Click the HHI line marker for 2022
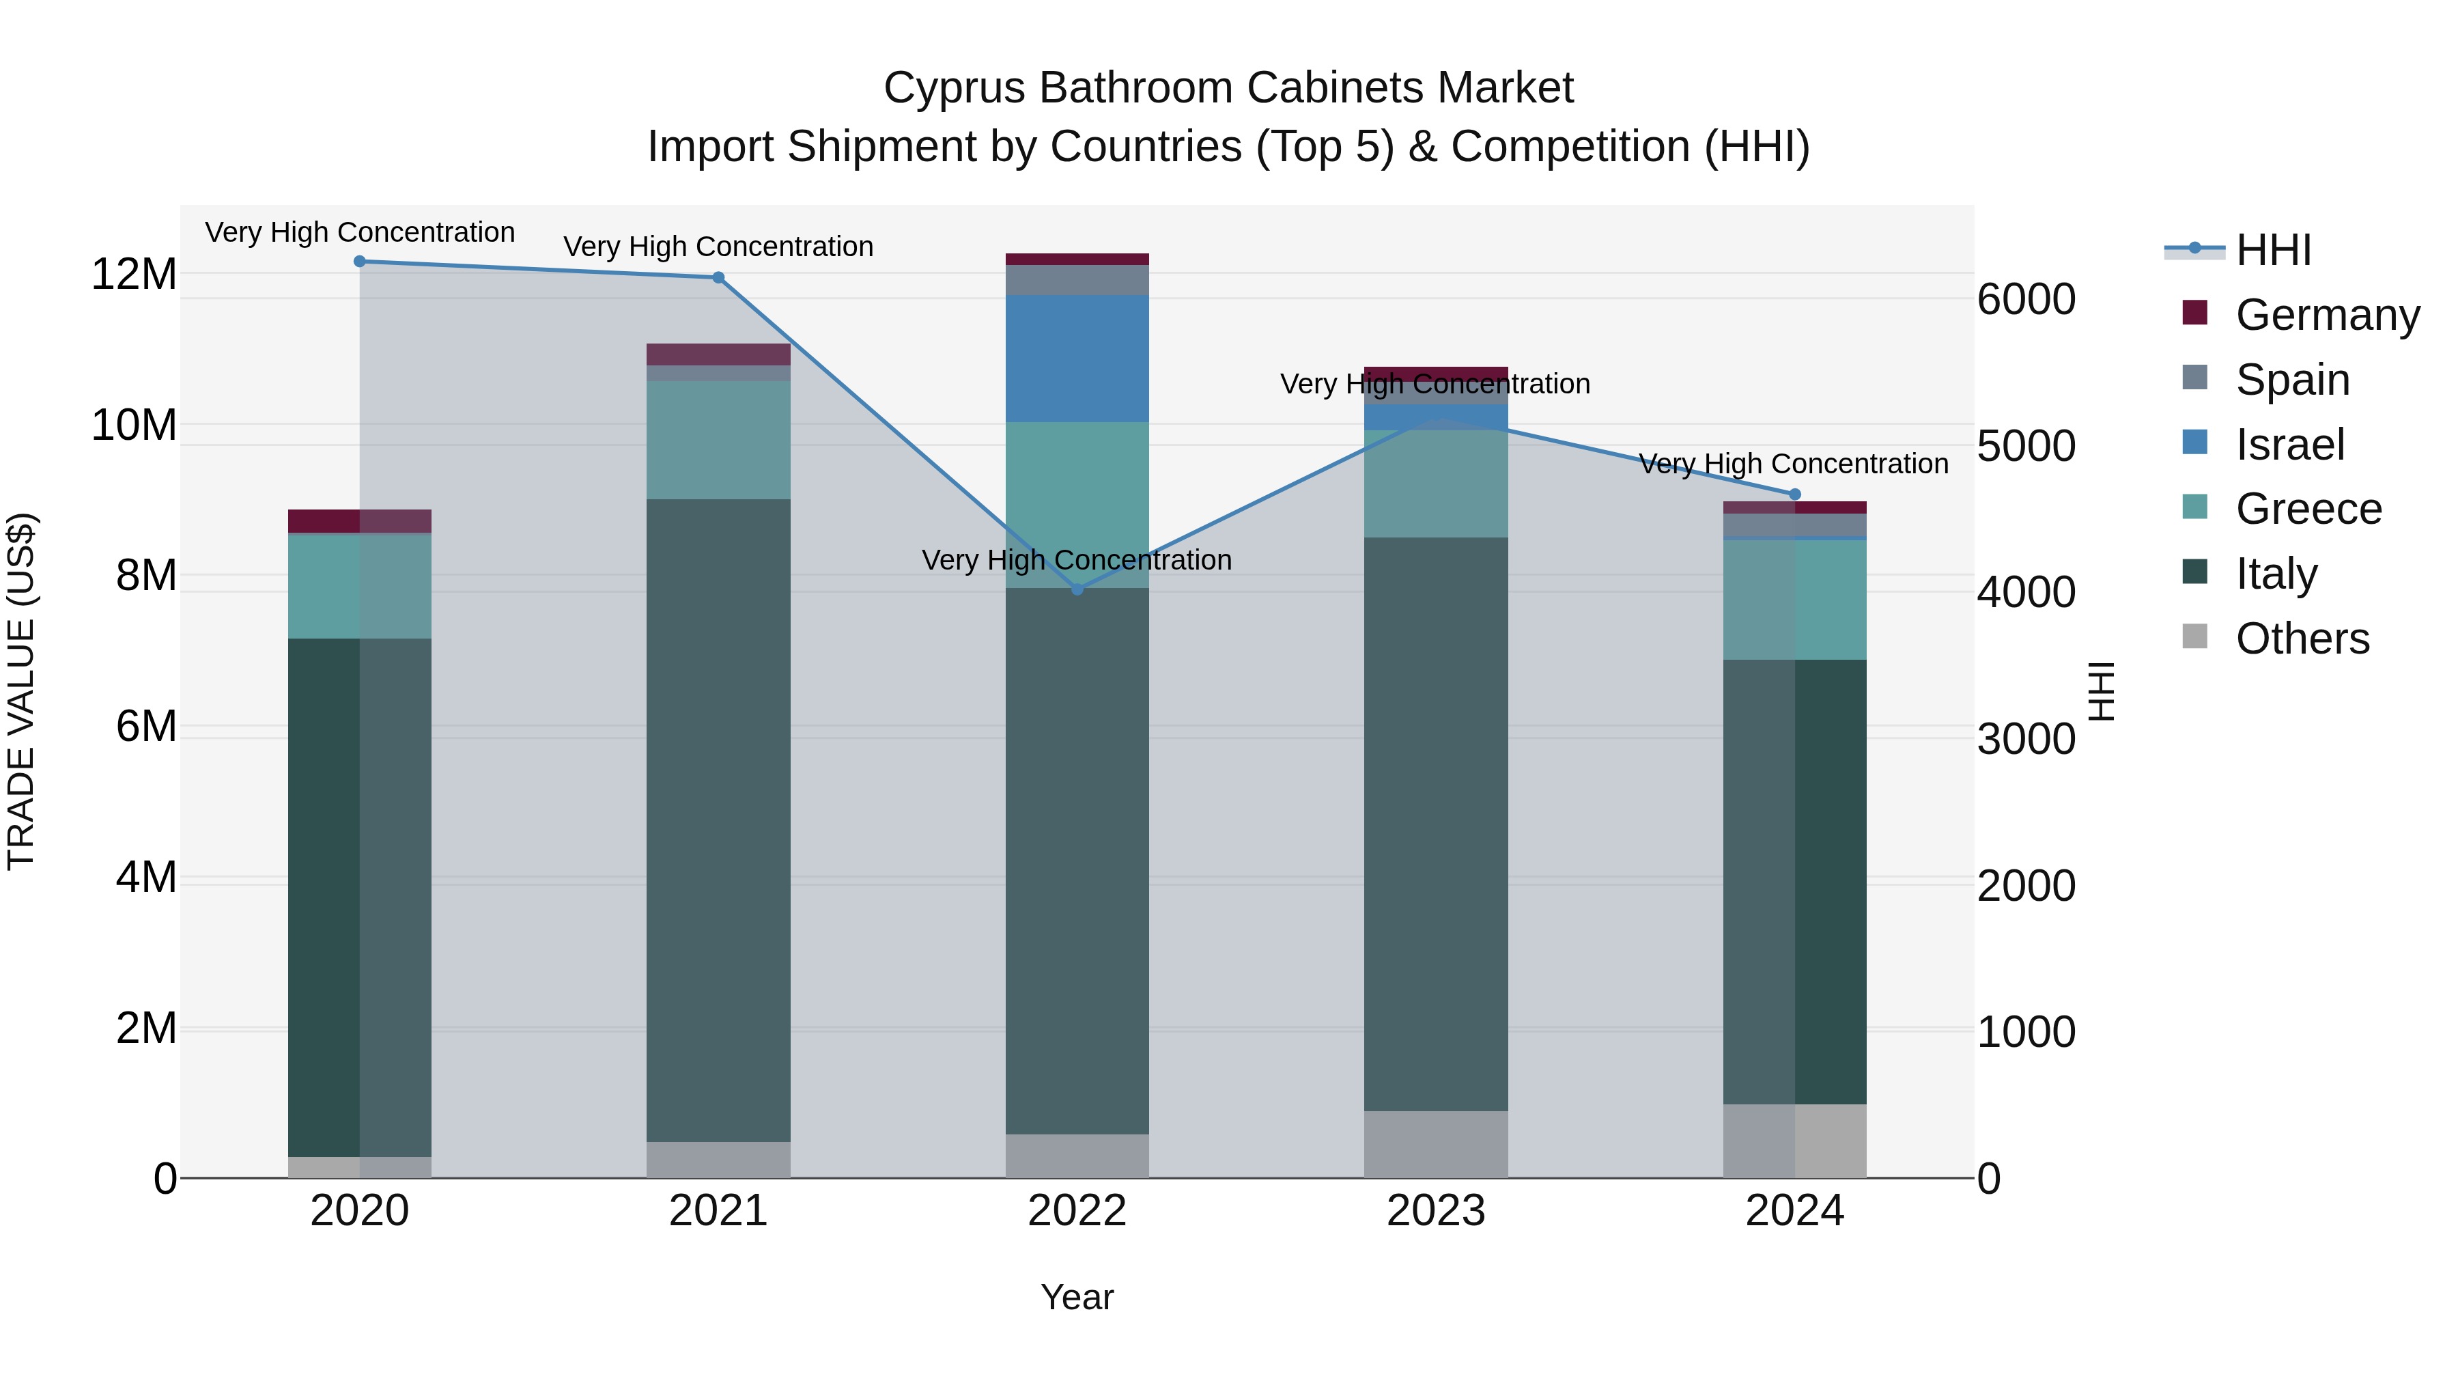1077,589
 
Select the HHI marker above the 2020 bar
360,262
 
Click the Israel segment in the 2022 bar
1077,358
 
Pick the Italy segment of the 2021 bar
718,821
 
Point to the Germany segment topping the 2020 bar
360,521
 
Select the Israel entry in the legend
2289,445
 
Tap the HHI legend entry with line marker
2272,250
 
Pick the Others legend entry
2302,639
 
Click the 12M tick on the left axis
134,274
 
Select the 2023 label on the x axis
1436,1211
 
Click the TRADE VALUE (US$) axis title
21,691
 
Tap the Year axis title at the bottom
1077,1297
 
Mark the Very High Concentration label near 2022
1077,559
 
